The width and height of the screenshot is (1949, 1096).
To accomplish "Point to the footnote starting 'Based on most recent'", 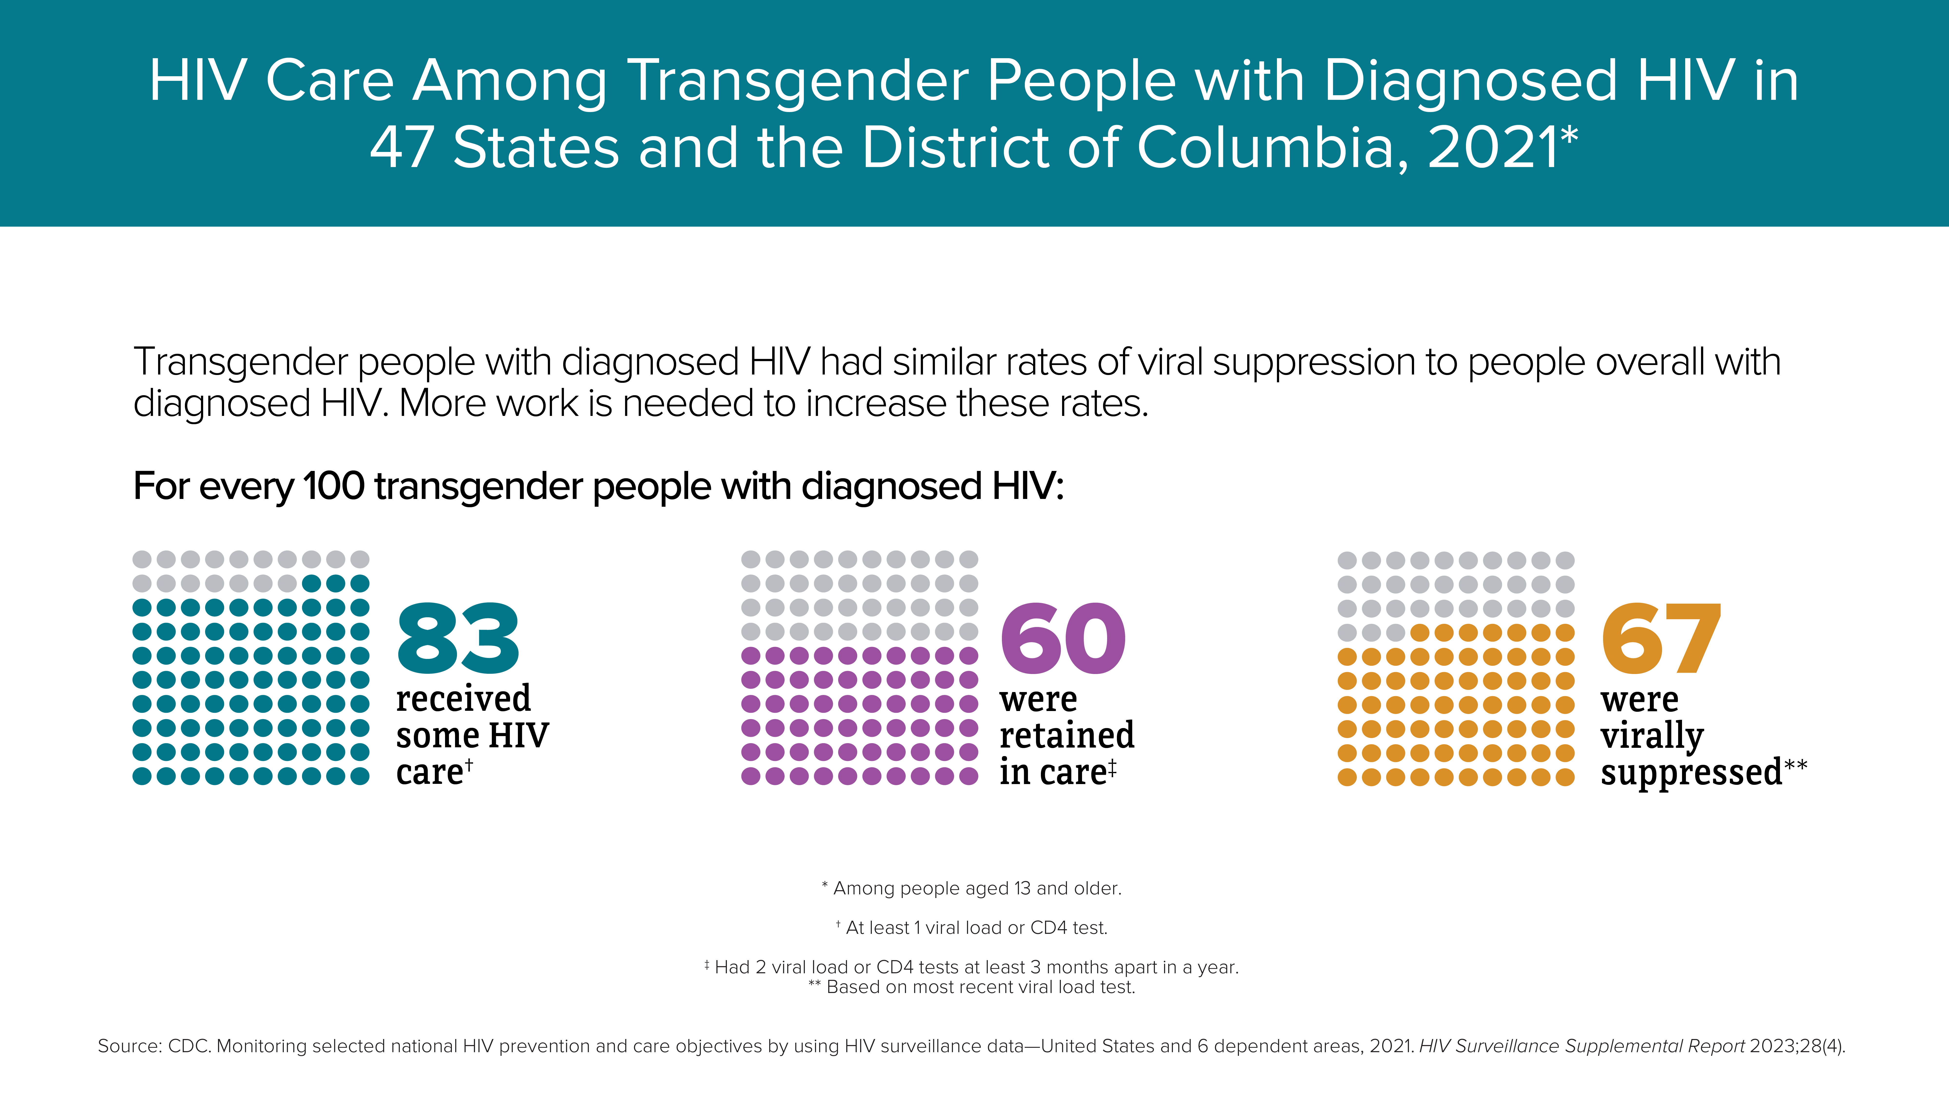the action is [x=971, y=987].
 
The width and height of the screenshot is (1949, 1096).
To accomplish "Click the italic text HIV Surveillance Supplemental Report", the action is [x=1582, y=1046].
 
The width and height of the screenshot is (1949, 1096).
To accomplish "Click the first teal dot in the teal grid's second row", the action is [x=312, y=583].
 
